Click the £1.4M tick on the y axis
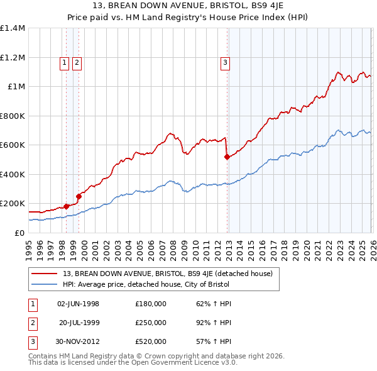13,28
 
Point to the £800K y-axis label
13,116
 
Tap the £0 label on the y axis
19,233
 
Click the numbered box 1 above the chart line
65,62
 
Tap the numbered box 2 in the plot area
76,62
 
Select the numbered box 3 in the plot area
225,62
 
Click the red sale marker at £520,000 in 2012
227,157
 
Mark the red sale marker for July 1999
79,196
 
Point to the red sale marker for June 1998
67,206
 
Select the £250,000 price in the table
151,323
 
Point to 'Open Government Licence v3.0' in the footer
183,363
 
